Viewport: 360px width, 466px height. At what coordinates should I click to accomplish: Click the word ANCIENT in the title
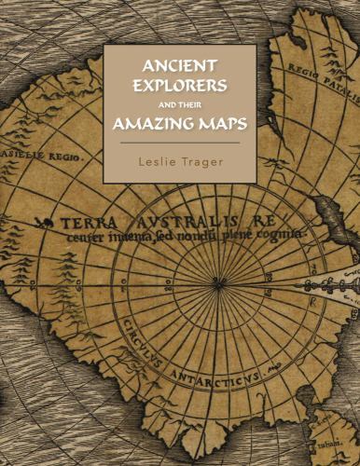click(x=180, y=66)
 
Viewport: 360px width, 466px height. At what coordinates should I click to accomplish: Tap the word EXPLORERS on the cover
click(x=180, y=87)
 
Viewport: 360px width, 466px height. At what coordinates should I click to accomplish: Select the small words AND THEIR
click(x=181, y=105)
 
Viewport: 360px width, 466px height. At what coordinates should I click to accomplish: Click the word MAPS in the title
click(x=220, y=123)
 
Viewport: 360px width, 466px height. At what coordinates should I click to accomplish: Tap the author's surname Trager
click(x=204, y=162)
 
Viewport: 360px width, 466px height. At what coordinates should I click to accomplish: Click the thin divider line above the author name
click(x=180, y=144)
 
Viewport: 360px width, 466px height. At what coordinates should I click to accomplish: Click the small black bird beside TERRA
click(x=40, y=223)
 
